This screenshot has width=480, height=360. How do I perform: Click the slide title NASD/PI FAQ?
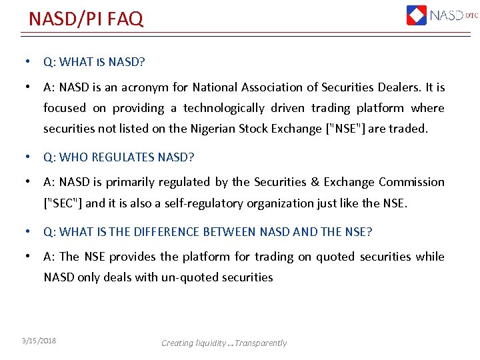pos(85,19)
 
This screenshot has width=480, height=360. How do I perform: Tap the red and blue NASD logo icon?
pos(417,15)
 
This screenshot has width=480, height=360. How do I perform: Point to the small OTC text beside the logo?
pos(472,15)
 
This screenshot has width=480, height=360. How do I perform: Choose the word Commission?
pos(411,182)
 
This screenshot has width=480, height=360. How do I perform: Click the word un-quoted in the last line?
pos(189,277)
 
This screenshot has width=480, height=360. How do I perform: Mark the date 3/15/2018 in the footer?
pos(39,341)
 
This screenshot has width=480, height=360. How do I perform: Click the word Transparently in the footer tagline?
pos(260,343)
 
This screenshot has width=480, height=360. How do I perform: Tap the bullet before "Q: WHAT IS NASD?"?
pos(26,62)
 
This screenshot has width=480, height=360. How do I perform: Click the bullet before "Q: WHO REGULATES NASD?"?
pos(26,157)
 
